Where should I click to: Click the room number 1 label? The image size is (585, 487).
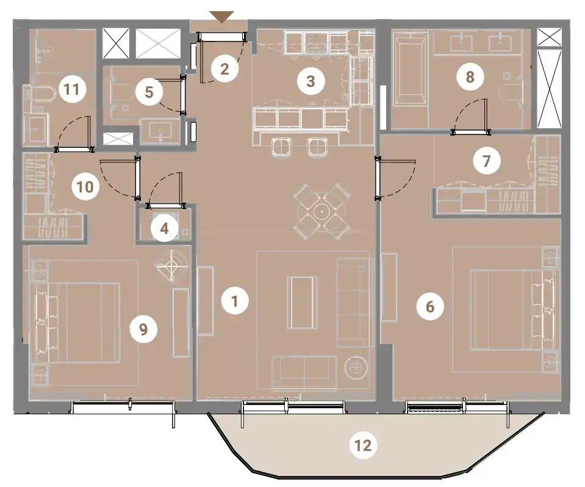[x=235, y=301]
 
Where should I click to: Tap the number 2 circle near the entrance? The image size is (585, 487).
[x=224, y=69]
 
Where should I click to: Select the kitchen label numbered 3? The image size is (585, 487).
[x=310, y=81]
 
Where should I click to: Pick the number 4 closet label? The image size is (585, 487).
[x=165, y=229]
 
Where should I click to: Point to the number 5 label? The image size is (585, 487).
[x=149, y=92]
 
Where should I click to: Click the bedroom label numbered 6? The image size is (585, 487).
[x=430, y=307]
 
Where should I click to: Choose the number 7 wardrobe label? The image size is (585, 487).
[x=486, y=161]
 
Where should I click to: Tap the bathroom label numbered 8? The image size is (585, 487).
[x=470, y=77]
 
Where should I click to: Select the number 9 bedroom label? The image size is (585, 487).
[x=143, y=329]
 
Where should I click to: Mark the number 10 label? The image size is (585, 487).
[x=85, y=186]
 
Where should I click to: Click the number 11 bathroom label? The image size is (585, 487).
[x=71, y=89]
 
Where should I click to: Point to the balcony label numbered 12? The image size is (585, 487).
[x=363, y=445]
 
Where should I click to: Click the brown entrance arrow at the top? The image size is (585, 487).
[x=221, y=17]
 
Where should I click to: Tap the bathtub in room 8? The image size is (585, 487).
[x=410, y=68]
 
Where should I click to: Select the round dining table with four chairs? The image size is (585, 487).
[x=321, y=211]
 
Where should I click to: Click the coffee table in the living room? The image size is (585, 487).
[x=302, y=302]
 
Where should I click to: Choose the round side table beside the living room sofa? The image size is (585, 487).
[x=357, y=368]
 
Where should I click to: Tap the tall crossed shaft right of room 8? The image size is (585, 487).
[x=549, y=89]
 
